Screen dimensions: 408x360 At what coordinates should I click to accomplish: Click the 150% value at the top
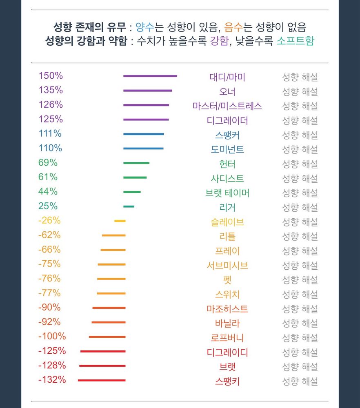51,76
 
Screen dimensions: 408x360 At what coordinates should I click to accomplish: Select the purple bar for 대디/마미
150,76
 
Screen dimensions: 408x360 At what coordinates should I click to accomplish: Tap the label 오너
227,91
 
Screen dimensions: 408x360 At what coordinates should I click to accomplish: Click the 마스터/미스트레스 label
227,106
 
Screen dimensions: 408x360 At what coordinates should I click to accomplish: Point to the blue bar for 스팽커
143,134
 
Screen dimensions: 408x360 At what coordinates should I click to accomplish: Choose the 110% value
50,148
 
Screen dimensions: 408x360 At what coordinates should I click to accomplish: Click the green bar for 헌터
136,163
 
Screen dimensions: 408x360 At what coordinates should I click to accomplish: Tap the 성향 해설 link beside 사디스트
300,178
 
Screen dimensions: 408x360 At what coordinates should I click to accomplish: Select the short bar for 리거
129,206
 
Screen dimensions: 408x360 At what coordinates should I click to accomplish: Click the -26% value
49,221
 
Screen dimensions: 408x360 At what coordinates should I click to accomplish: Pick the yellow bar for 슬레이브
120,221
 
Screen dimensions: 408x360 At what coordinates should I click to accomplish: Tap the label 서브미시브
227,266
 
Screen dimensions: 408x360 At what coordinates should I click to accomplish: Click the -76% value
49,279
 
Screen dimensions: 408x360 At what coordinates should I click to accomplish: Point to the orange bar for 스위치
111,293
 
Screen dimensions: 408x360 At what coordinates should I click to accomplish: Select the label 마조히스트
227,309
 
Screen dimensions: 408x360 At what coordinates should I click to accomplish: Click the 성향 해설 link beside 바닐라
300,324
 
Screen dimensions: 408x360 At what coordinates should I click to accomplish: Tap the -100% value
52,337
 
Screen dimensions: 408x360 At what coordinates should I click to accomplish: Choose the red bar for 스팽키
102,380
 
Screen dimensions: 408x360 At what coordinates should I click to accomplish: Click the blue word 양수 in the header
144,27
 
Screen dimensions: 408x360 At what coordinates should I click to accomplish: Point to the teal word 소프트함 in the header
295,41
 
